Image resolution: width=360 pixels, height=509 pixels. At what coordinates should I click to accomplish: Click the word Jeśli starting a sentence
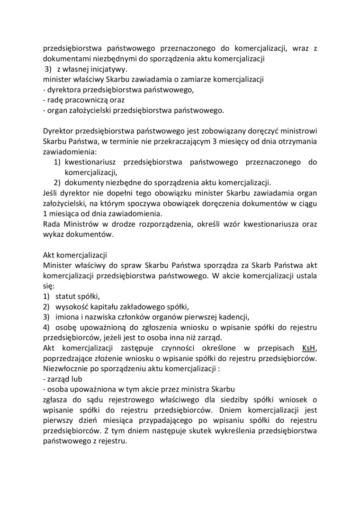click(x=52, y=193)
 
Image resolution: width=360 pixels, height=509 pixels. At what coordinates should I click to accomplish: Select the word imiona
click(x=68, y=317)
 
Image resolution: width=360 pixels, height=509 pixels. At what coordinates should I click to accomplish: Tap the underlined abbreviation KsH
click(x=308, y=348)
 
